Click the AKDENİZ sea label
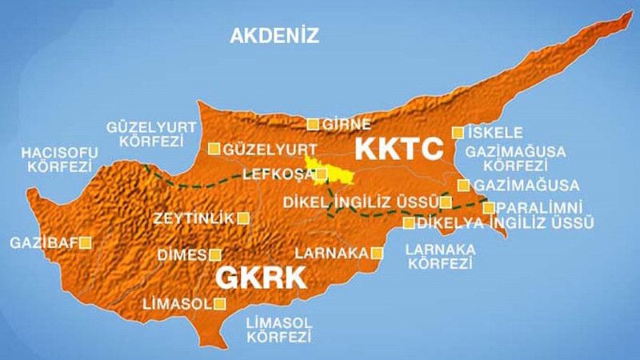pyautogui.click(x=274, y=35)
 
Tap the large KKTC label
pyautogui.click(x=398, y=148)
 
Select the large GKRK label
pyautogui.click(x=262, y=278)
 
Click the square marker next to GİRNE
pyautogui.click(x=314, y=124)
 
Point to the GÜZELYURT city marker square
pyautogui.click(x=214, y=148)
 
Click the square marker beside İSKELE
pyautogui.click(x=458, y=132)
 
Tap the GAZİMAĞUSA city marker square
pyautogui.click(x=463, y=185)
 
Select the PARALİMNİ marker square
pyautogui.click(x=489, y=207)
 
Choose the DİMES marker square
pyautogui.click(x=214, y=254)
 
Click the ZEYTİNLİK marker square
pyautogui.click(x=243, y=218)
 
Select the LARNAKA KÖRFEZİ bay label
pyautogui.click(x=441, y=256)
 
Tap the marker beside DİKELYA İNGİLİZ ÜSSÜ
pyautogui.click(x=409, y=223)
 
